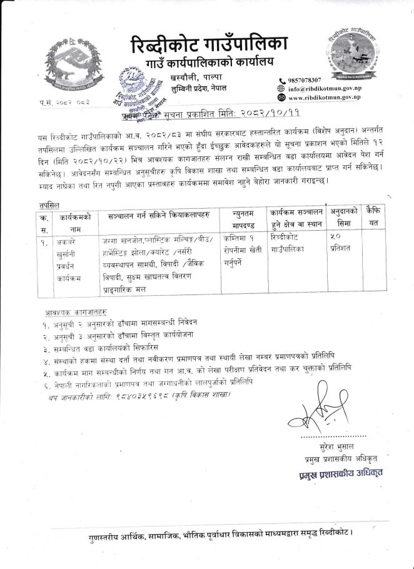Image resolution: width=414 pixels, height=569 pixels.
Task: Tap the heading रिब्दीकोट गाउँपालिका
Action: click(x=209, y=46)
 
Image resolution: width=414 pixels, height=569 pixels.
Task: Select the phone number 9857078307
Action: click(x=305, y=80)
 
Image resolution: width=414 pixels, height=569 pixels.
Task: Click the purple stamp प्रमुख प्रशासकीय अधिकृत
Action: click(x=341, y=473)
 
